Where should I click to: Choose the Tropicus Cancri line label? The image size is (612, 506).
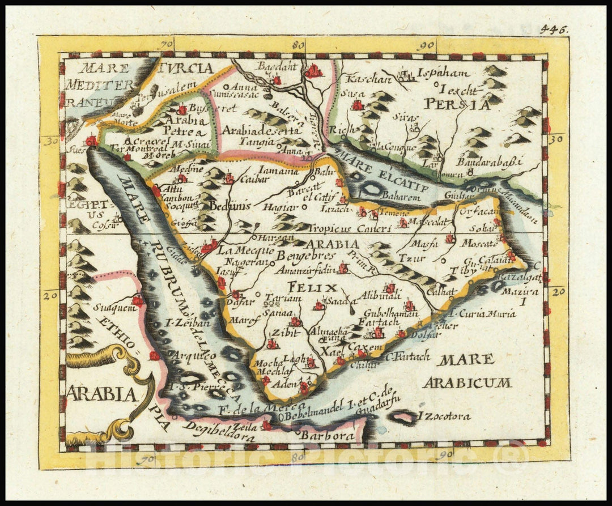[350, 228]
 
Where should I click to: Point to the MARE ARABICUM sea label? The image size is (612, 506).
[466, 371]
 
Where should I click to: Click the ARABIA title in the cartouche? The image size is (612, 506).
[102, 393]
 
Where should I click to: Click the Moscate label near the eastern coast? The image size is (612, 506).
[478, 243]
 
